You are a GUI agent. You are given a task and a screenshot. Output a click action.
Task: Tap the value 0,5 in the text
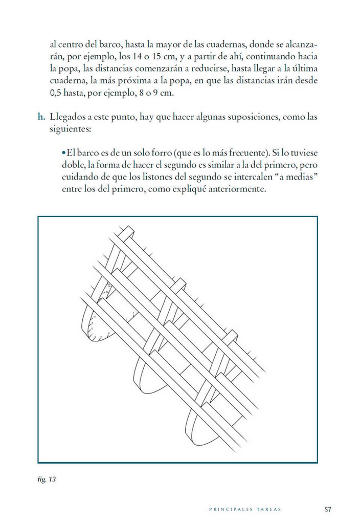click(x=57, y=94)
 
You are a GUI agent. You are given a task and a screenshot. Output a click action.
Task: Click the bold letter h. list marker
click(x=41, y=117)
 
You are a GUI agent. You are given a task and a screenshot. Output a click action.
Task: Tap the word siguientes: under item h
click(x=70, y=130)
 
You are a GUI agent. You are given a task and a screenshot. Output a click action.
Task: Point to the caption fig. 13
click(x=46, y=480)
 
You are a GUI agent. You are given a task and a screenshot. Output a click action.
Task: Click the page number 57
click(x=328, y=509)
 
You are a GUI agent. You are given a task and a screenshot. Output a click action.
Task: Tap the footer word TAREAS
click(x=268, y=510)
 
